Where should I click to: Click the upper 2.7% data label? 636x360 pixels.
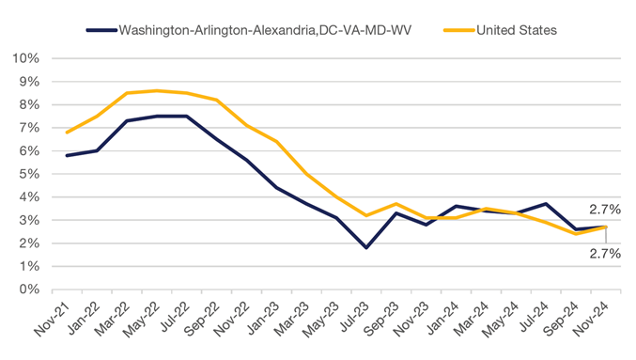point(602,210)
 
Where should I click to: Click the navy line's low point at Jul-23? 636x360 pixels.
point(366,248)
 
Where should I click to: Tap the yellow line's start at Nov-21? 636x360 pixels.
point(66,133)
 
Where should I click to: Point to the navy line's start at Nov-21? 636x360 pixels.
point(66,155)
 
